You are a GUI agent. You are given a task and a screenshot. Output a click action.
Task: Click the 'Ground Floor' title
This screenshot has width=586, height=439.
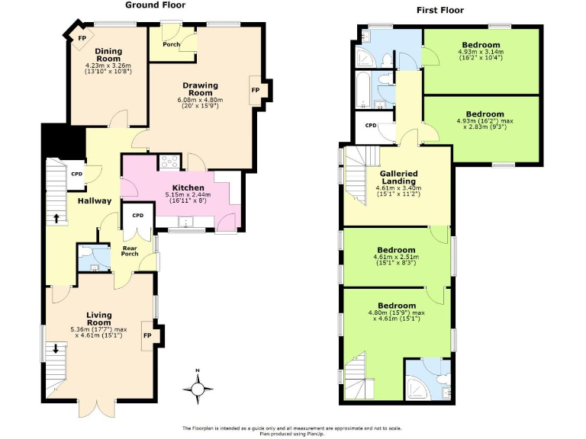155,5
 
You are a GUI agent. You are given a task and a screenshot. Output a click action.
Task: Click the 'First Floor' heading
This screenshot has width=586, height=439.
440,11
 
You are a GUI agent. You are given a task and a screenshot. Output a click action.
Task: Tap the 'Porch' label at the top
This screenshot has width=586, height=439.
172,44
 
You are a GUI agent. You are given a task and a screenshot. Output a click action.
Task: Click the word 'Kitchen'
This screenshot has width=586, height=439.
188,187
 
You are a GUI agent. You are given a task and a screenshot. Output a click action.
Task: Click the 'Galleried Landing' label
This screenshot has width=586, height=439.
398,177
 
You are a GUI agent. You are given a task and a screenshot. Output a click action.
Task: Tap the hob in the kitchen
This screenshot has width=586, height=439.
169,162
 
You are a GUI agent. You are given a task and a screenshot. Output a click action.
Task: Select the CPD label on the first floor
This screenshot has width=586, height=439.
371,125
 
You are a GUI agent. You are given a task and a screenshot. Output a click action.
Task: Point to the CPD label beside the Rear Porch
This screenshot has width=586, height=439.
137,216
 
